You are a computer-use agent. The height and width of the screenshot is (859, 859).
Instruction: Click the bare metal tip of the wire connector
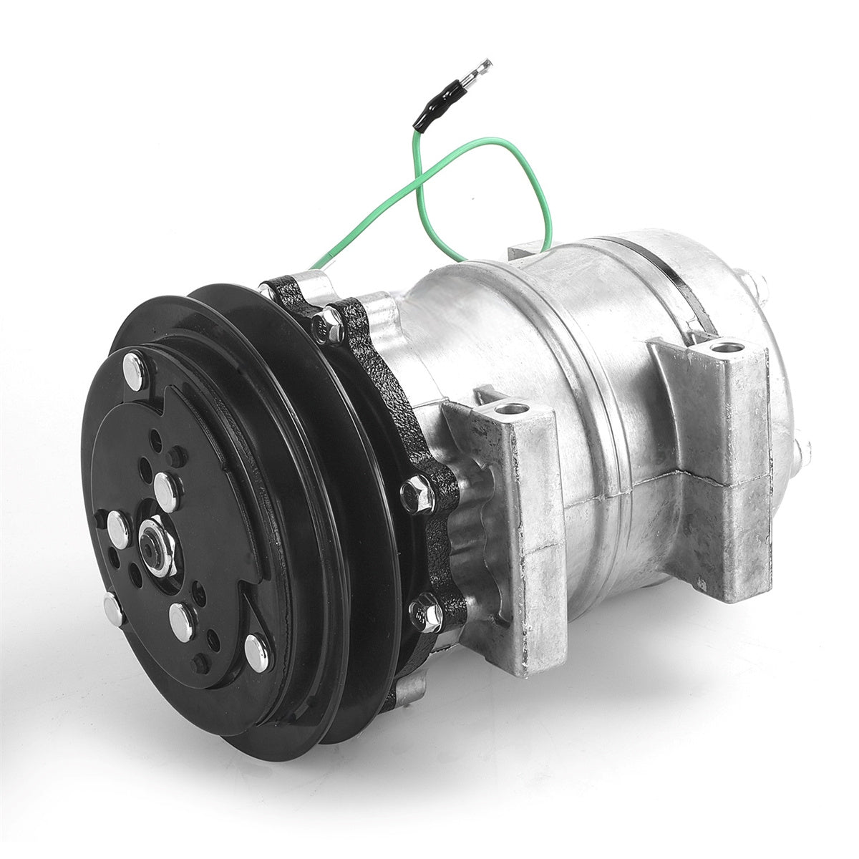coord(478,72)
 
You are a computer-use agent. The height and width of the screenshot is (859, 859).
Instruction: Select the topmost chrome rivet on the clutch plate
coord(134,371)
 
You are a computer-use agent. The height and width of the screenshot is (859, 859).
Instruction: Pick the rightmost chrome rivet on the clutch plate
coord(256,651)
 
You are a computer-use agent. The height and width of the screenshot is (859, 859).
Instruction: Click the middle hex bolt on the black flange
coord(418,493)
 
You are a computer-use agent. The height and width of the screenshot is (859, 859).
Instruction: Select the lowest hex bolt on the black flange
coord(427,614)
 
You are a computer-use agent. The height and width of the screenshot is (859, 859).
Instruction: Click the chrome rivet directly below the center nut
coord(181,621)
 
